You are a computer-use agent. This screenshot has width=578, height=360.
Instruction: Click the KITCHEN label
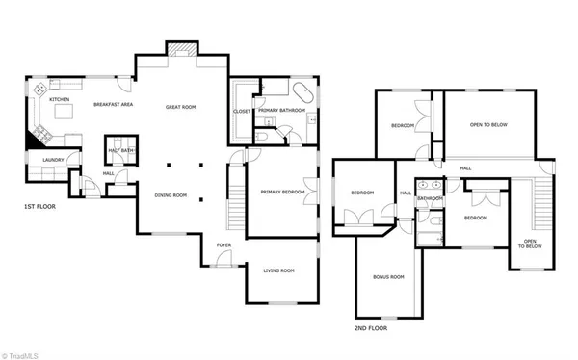60,99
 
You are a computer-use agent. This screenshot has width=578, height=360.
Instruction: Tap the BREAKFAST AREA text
113,104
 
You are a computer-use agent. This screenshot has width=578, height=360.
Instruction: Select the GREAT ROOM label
180,107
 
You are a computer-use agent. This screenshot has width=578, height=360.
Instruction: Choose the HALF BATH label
120,150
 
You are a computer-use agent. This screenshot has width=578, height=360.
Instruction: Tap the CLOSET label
242,111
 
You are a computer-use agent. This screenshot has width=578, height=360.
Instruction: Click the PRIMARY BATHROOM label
280,111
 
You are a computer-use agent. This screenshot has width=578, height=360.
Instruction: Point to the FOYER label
223,245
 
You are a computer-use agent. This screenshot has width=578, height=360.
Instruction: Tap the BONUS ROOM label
388,277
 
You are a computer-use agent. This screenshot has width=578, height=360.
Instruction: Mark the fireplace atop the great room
180,49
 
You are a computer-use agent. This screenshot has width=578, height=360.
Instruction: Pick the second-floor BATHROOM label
430,198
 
